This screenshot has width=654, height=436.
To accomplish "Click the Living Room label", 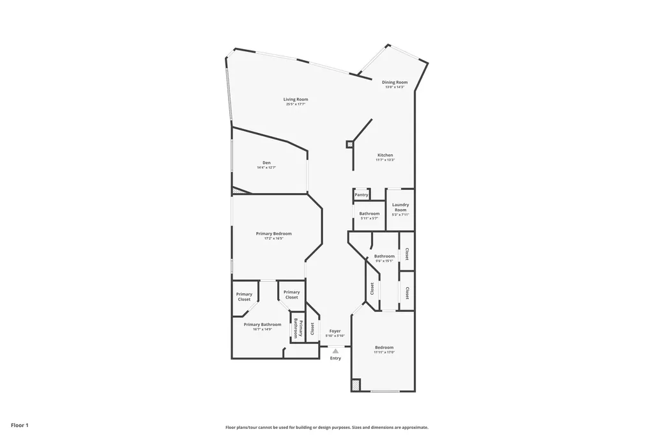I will (x=296, y=99).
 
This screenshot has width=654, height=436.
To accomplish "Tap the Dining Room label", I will (x=395, y=82).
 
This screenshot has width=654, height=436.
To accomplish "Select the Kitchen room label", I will (x=385, y=155).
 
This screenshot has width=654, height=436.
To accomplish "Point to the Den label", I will (x=266, y=162).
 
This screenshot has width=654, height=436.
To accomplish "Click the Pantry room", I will (x=361, y=194).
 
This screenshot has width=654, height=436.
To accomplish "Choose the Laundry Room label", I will (x=400, y=207).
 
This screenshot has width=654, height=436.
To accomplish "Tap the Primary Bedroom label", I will (x=273, y=234).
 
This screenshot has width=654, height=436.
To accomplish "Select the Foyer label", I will (x=335, y=331).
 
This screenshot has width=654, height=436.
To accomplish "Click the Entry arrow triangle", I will (x=335, y=350).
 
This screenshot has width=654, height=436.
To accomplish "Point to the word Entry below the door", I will (x=335, y=358).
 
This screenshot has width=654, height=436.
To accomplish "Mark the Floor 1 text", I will (x=20, y=425).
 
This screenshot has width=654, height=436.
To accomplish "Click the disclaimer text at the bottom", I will (x=326, y=428).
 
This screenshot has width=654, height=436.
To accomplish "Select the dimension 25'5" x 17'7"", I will (x=296, y=104).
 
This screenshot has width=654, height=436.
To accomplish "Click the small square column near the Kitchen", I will (x=349, y=144).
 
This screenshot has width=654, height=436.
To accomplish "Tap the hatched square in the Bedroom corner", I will (x=355, y=385).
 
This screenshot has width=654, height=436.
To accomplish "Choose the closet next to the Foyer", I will (x=312, y=328).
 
